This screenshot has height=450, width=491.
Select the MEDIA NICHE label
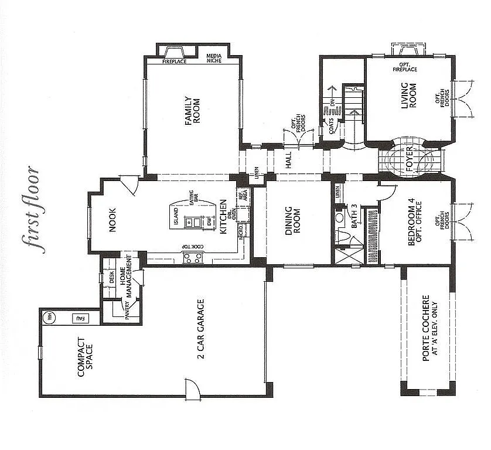214,58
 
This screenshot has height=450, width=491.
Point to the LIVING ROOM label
408,96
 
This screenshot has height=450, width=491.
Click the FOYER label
411,159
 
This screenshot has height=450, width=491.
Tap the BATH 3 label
353,216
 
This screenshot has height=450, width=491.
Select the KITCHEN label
223,216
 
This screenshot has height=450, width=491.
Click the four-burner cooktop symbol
193,257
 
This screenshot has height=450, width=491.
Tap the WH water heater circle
49,317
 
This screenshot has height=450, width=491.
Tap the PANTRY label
127,308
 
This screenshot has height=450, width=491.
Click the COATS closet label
332,127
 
